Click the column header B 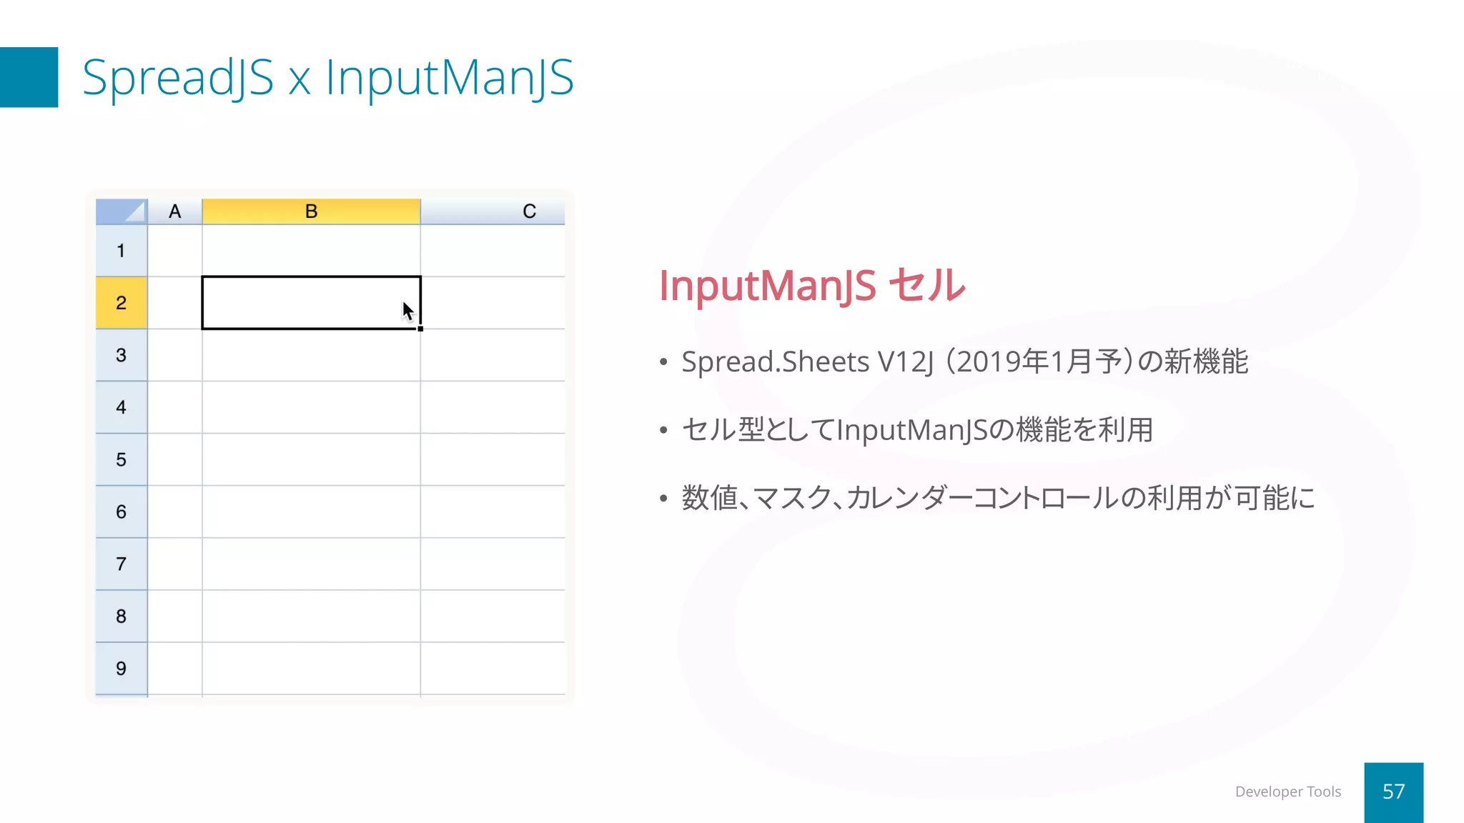(x=311, y=211)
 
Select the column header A (x=174, y=211)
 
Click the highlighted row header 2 (x=122, y=303)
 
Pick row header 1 (x=122, y=251)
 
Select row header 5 (x=122, y=459)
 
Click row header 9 (x=122, y=668)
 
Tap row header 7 (x=122, y=564)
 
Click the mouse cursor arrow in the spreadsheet (x=407, y=311)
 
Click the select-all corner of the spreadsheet (x=122, y=211)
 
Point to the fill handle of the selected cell (x=420, y=329)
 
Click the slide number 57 (x=1393, y=792)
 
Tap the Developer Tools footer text (x=1287, y=792)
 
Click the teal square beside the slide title (x=29, y=77)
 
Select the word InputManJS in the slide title (x=449, y=77)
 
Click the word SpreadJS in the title (x=178, y=77)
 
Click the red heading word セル (x=926, y=285)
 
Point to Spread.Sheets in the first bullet (x=775, y=361)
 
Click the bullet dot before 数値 (x=663, y=498)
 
